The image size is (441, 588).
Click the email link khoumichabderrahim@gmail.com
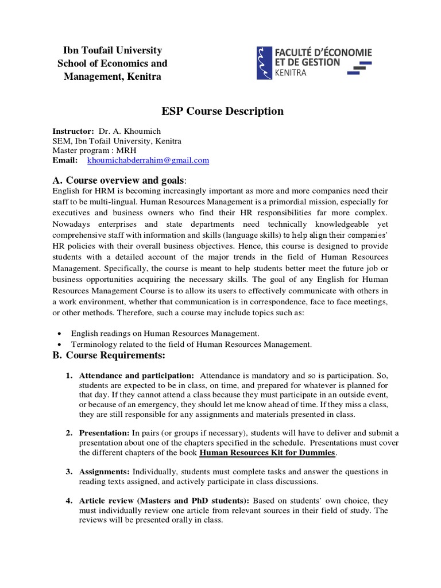pyautogui.click(x=148, y=160)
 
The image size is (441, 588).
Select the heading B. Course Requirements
pyautogui.click(x=109, y=355)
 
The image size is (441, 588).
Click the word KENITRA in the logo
pyautogui.click(x=291, y=73)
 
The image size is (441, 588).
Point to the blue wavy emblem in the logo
pyautogui.click(x=264, y=63)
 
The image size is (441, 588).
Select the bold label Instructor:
pyautogui.click(x=73, y=131)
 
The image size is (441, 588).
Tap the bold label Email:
pyautogui.click(x=65, y=160)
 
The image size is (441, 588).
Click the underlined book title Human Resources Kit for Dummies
pyautogui.click(x=267, y=452)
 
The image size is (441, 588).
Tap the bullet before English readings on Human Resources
pyautogui.click(x=61, y=334)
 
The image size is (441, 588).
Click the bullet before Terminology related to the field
pyautogui.click(x=61, y=345)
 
